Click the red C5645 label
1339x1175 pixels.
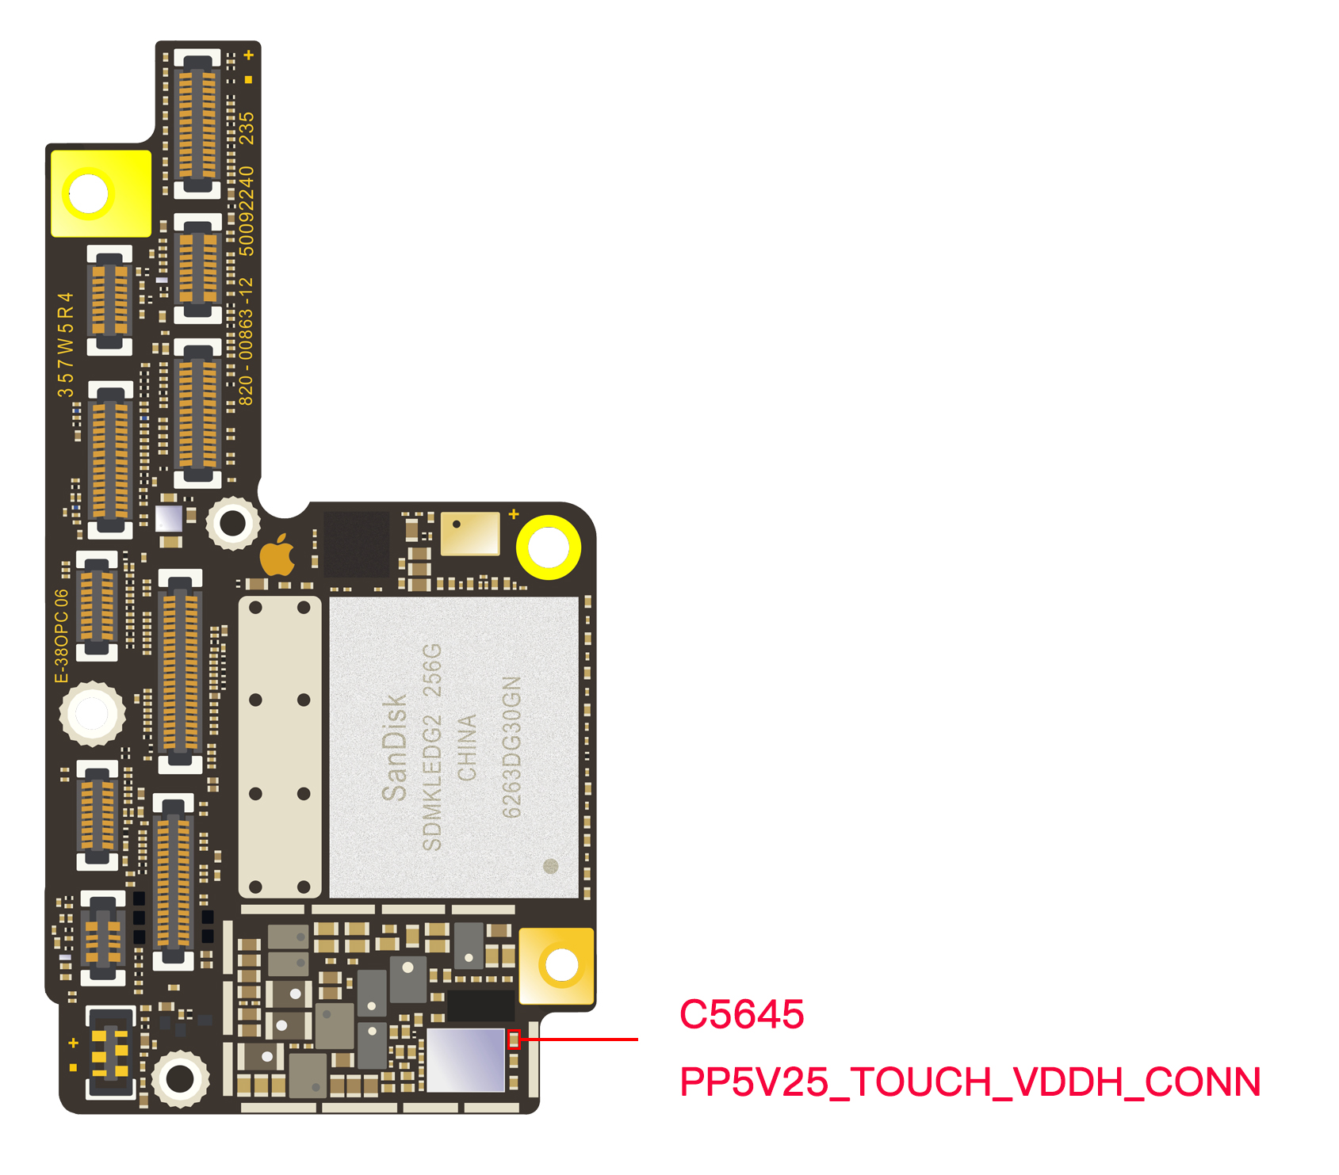pyautogui.click(x=741, y=1014)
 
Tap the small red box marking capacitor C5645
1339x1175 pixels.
pyautogui.click(x=514, y=1040)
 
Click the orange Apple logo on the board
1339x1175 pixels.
pyautogui.click(x=278, y=555)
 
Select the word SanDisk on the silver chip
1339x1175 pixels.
pyautogui.click(x=394, y=747)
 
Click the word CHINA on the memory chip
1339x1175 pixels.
pyautogui.click(x=467, y=747)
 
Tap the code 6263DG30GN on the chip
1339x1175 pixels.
pyautogui.click(x=512, y=747)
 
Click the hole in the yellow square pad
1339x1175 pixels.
pyautogui.click(x=88, y=193)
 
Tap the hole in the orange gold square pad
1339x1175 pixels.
pyautogui.click(x=562, y=965)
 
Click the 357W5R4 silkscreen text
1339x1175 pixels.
pyautogui.click(x=65, y=345)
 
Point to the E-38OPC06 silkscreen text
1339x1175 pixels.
pyautogui.click(x=62, y=635)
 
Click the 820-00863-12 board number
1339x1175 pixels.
pyautogui.click(x=247, y=341)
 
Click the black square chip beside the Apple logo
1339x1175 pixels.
pyautogui.click(x=356, y=544)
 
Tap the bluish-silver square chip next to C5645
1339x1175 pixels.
pyautogui.click(x=465, y=1059)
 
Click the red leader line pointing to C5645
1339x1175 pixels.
pyautogui.click(x=580, y=1039)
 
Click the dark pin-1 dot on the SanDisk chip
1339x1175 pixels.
pyautogui.click(x=550, y=866)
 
